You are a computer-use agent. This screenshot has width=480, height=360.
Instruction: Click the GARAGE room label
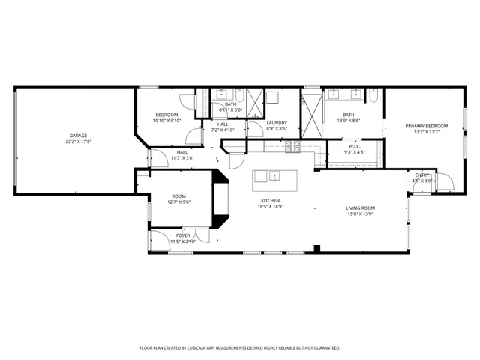point(79,136)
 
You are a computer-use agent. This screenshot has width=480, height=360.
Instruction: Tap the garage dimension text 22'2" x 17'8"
point(79,142)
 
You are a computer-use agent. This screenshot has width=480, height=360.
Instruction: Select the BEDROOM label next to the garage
point(166,115)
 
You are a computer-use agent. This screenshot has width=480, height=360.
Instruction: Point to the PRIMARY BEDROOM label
point(427,126)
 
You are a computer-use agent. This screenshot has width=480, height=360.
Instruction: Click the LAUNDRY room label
point(277,123)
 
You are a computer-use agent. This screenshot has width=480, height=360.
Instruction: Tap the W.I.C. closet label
point(355,146)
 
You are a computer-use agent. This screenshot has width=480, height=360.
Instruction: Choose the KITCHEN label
point(270,202)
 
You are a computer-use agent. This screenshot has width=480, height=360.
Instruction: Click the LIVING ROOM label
point(360,208)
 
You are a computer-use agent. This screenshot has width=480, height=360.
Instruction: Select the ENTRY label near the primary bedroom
point(423,175)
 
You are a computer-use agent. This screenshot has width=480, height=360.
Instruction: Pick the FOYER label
point(183,235)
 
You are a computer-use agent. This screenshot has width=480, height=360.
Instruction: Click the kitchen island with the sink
point(274,178)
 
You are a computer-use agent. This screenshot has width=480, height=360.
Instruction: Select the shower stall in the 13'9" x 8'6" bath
point(310,112)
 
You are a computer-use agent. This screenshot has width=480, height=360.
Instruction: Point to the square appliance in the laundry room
point(272,97)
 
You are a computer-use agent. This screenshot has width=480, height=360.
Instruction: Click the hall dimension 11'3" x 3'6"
point(182,158)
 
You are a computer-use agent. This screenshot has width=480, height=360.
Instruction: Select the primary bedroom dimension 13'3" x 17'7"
point(427,132)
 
